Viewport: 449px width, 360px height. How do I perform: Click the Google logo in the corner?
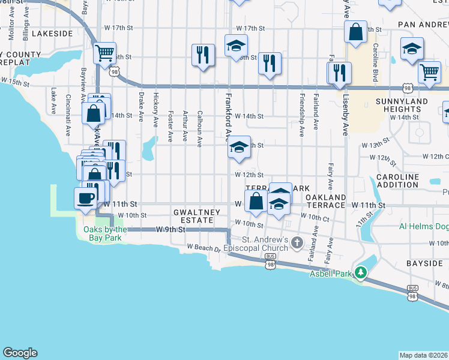tap(19, 353)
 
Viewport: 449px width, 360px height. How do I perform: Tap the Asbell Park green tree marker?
tap(360, 273)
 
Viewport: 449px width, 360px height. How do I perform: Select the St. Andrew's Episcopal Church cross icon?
tap(296, 242)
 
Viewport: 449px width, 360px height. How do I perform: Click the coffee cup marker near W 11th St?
tap(84, 198)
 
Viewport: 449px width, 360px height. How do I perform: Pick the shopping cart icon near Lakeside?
tap(104, 53)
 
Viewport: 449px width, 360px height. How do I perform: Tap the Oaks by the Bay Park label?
tap(105, 233)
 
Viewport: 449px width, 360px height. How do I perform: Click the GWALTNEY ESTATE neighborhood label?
tap(193, 216)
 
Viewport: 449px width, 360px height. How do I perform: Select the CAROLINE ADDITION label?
tap(397, 181)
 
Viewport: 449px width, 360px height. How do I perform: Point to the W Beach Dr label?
tap(203, 247)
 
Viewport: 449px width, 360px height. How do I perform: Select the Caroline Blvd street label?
tap(375, 59)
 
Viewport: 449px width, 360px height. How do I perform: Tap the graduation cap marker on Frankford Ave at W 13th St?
tap(239, 148)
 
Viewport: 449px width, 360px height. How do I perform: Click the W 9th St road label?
tap(167, 229)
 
